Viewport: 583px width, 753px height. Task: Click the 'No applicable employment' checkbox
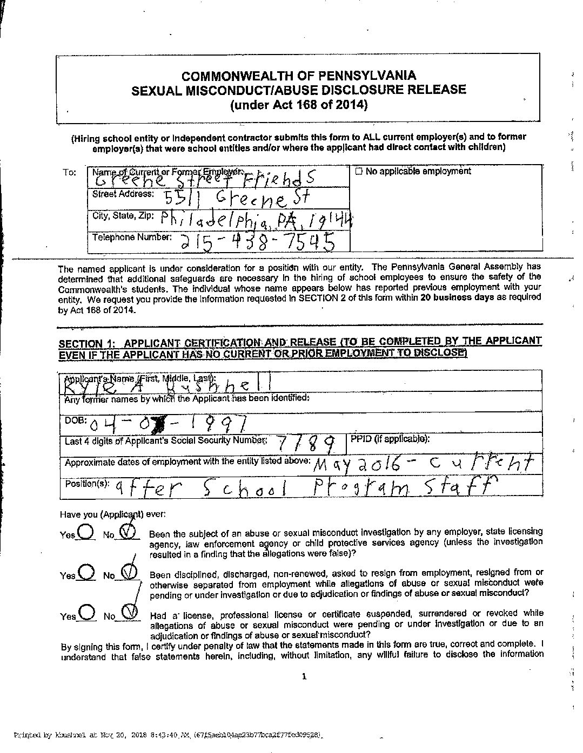pos(359,172)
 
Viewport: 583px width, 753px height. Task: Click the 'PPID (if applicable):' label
pos(390,439)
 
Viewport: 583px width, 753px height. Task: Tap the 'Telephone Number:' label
pos(132,237)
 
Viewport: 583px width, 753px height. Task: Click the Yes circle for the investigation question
pos(86,532)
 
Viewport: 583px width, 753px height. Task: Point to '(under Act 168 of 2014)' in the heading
pos(299,105)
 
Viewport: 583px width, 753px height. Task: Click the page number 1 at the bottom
pos(304,676)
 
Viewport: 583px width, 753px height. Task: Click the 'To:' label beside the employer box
pos(69,172)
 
